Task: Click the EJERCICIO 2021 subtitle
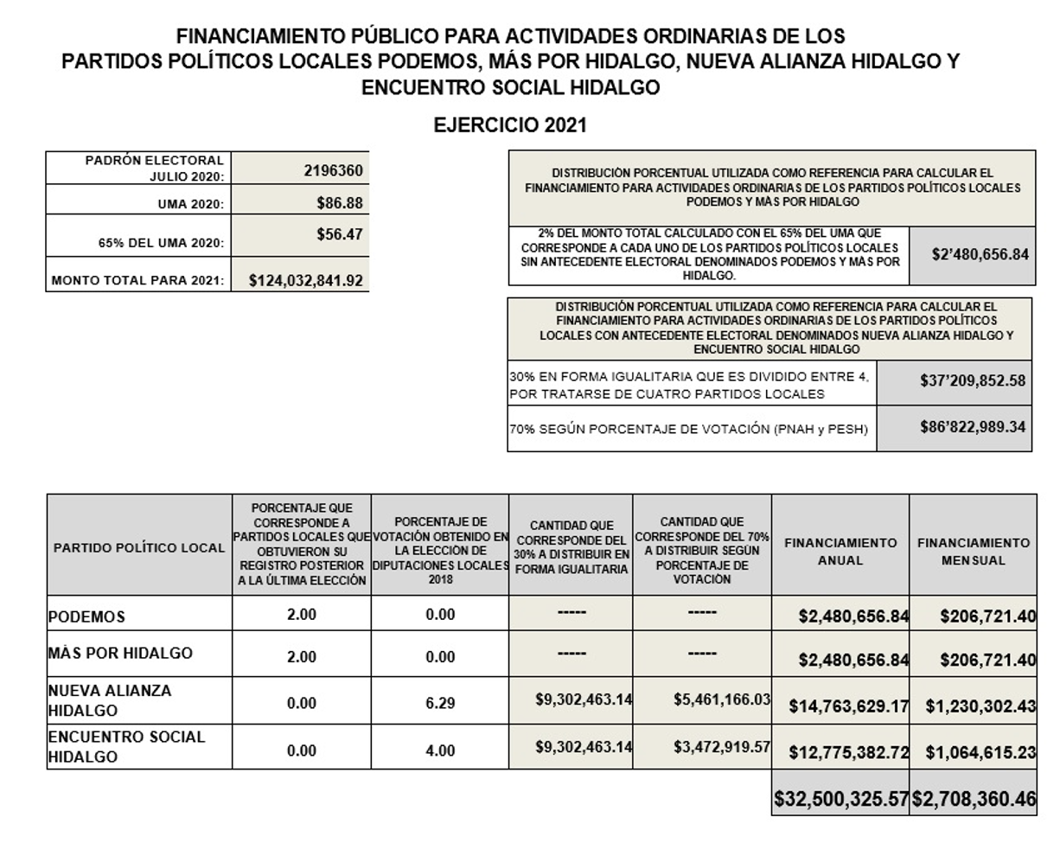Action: (x=509, y=125)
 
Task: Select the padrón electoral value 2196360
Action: (x=333, y=170)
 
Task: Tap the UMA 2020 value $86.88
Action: (x=339, y=204)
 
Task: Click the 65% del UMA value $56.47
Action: (x=339, y=234)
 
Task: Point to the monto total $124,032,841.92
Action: (x=305, y=280)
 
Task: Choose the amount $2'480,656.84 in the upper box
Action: (x=980, y=254)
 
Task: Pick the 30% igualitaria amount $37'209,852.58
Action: (x=973, y=380)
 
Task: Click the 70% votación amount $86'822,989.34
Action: (x=973, y=427)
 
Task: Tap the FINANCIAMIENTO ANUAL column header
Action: (x=840, y=552)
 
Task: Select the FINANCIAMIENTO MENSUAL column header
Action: (x=974, y=552)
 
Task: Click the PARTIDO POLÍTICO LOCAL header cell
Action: (x=139, y=548)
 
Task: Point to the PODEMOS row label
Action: (x=86, y=616)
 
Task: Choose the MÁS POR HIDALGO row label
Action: (x=120, y=653)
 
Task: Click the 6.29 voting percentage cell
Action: (x=440, y=703)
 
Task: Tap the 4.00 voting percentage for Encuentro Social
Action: (x=440, y=750)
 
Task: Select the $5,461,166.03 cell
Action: (x=721, y=699)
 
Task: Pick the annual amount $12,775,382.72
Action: (x=848, y=752)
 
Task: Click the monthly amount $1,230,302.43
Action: (x=980, y=705)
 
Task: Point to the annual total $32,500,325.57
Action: (x=840, y=799)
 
